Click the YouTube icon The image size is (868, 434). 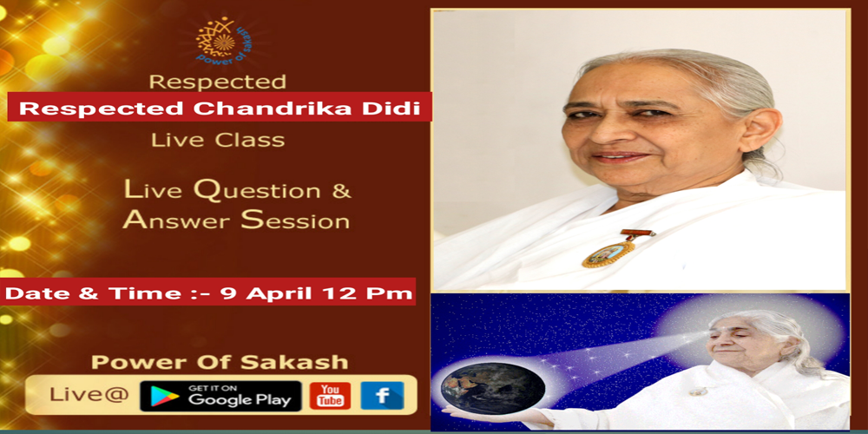329,396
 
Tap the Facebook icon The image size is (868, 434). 382,396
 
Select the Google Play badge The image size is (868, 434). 220,396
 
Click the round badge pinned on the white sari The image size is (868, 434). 608,253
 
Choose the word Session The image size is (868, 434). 295,220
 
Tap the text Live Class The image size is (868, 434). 218,140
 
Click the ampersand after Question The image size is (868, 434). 341,191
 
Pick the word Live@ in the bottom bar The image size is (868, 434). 89,396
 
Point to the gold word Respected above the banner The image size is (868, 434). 218,82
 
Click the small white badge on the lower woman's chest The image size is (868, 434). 698,391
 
